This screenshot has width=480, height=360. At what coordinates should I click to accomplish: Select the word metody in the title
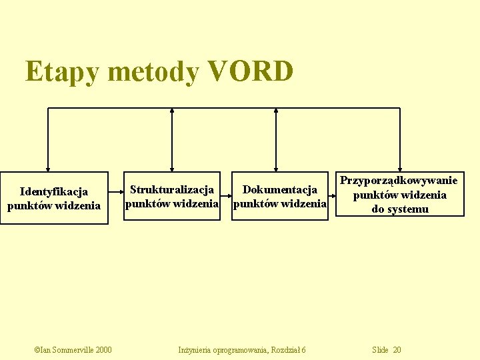pos(153,72)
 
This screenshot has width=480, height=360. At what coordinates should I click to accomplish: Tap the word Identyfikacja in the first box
pos(54,192)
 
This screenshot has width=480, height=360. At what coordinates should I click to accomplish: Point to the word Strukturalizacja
pos(172,191)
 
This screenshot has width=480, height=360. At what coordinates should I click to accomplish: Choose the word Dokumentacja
pos(279,191)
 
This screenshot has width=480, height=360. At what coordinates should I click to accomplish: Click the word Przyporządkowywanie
pos(399,180)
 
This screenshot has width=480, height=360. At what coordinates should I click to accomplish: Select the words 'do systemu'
pos(399,209)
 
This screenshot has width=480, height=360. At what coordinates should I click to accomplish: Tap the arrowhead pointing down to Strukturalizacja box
pos(172,169)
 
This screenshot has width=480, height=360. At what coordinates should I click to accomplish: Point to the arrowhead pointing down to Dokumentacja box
pos(277,169)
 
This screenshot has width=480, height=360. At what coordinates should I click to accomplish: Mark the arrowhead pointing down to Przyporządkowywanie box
pos(399,169)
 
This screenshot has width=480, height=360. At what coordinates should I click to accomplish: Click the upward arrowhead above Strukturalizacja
pos(172,111)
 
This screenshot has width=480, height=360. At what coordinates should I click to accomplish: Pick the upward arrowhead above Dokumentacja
pos(277,111)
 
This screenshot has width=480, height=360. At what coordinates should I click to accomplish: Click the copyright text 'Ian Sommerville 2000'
pos(73,350)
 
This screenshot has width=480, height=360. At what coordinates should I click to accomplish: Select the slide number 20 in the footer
pos(397,350)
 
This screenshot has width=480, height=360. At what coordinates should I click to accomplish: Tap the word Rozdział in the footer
pos(285,350)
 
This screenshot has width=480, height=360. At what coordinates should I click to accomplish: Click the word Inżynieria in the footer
pos(194,350)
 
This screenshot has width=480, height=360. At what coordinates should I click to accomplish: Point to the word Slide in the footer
pos(380,350)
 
